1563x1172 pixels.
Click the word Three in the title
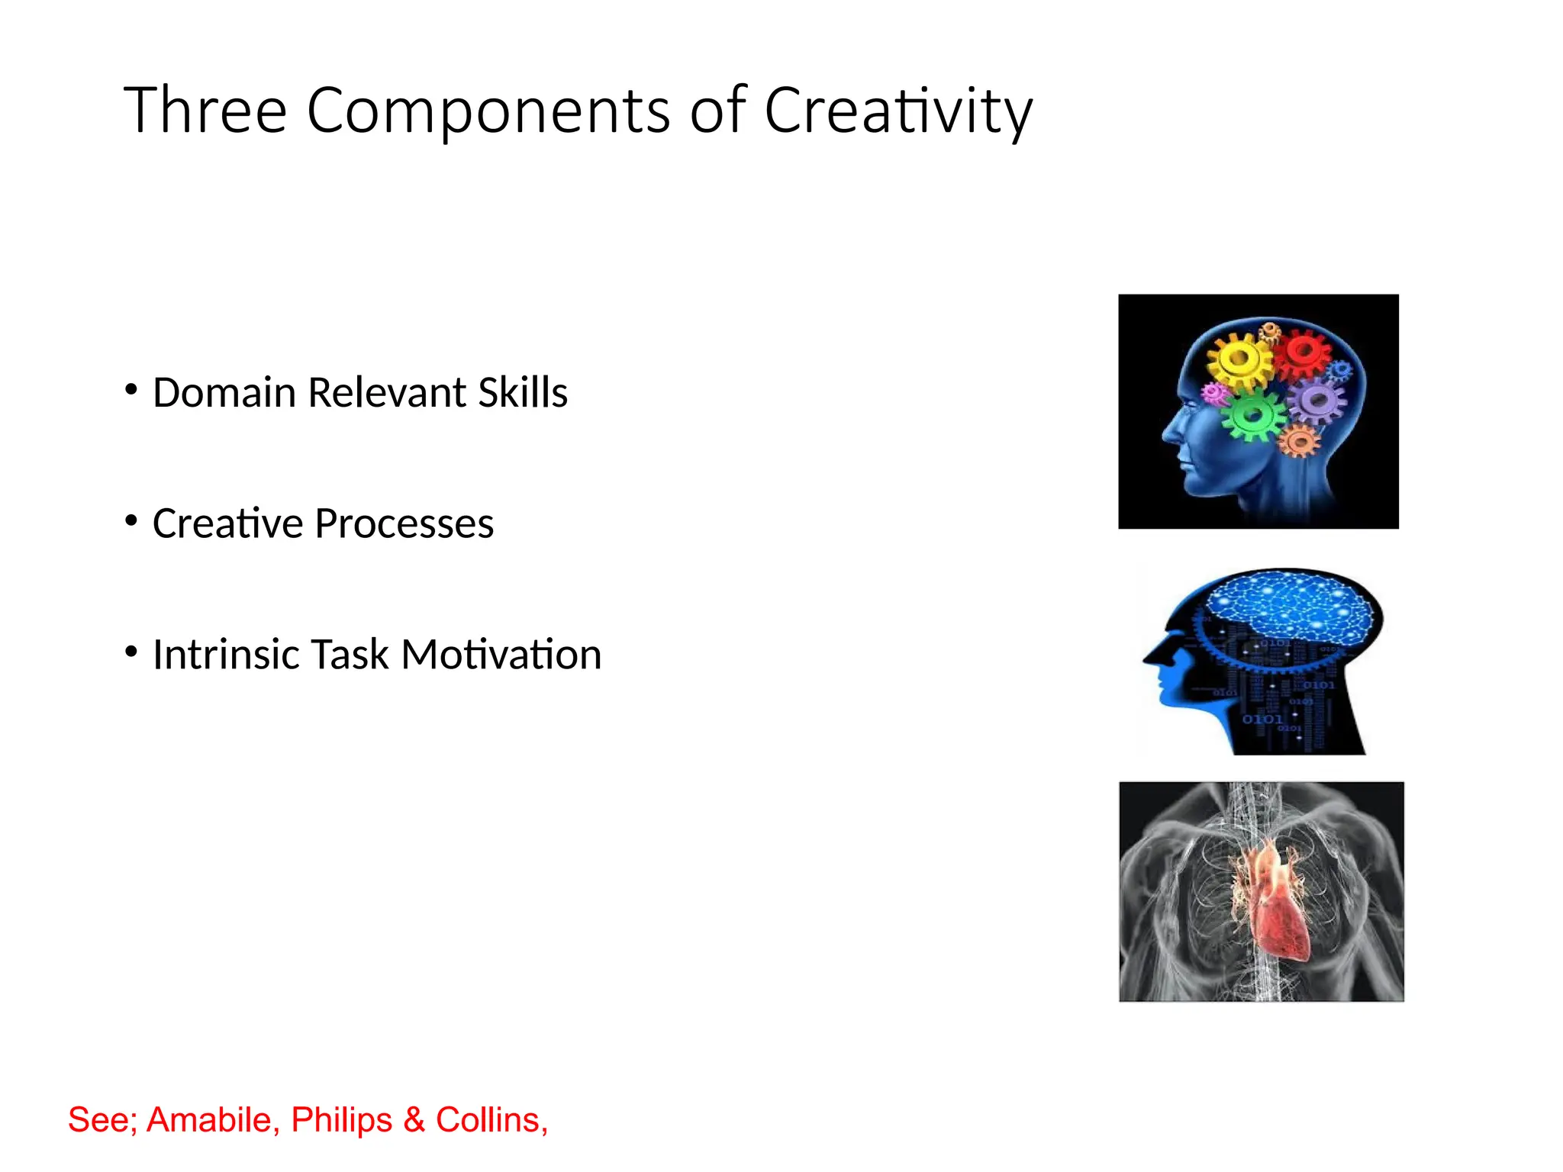205,111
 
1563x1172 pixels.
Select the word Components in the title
488,111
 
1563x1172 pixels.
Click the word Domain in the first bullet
224,393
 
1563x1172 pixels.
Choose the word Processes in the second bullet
404,524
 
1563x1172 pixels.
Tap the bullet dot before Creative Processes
131,521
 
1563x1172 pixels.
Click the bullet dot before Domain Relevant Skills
131,390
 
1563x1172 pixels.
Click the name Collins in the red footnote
491,1120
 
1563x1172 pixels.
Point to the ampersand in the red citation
414,1120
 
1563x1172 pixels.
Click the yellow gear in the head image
1239,358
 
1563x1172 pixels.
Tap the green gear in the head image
1252,415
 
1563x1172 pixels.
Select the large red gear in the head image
1302,352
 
